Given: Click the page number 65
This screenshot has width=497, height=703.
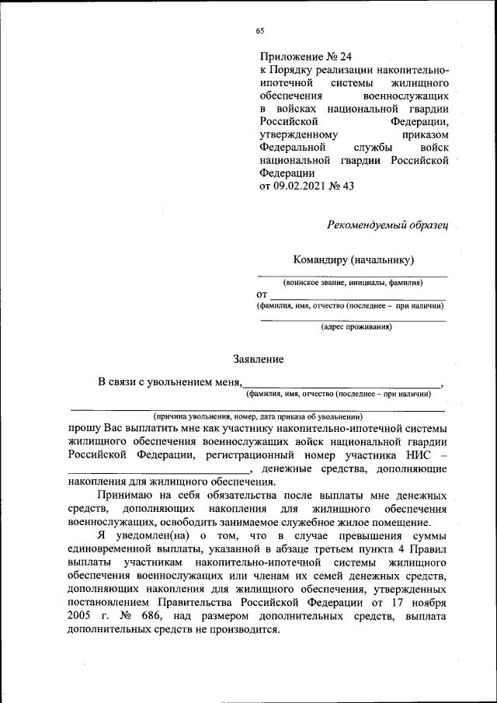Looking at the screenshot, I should (260, 31).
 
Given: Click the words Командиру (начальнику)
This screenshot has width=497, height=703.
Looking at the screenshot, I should (353, 259).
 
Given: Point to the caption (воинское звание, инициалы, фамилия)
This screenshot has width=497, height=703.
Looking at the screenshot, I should (353, 283).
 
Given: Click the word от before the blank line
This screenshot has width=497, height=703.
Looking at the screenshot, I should (262, 295).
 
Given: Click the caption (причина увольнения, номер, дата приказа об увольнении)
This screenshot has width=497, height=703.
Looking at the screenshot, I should (257, 417).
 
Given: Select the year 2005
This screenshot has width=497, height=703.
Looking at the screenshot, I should (82, 616).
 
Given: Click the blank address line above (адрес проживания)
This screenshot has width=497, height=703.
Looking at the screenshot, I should (353, 319).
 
